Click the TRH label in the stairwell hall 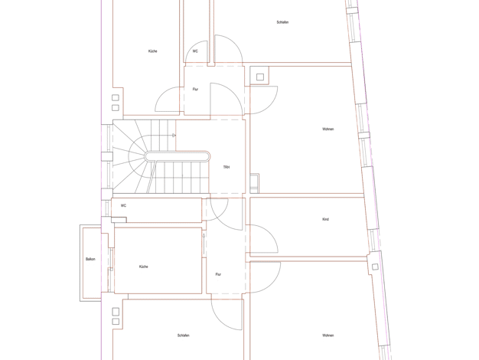(226, 167)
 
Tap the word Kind (326, 219)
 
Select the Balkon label (90, 259)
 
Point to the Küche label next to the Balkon (144, 267)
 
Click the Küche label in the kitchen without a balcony (153, 51)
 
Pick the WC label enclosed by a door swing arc (195, 51)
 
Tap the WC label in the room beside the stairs (123, 205)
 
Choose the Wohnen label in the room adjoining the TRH (328, 129)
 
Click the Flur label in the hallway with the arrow (218, 274)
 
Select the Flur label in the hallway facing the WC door (195, 90)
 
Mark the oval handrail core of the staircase (178, 156)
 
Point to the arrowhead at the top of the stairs (174, 135)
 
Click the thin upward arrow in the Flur (204, 244)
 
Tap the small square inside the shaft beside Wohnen (260, 77)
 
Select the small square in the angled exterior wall (375, 267)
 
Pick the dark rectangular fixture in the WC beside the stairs (119, 220)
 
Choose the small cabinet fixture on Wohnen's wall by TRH (255, 183)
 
